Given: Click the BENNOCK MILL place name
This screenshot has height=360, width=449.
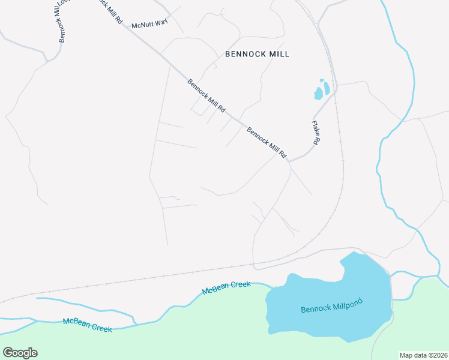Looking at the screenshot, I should (257, 54).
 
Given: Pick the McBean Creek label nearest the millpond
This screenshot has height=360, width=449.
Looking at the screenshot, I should (226, 287).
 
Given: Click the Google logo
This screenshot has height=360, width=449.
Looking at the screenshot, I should (20, 353).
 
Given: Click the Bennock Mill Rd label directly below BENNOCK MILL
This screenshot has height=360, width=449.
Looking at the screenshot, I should (206, 96).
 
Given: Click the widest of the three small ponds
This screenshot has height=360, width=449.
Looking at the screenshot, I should (318, 94).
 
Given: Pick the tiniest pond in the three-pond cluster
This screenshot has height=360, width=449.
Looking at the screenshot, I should (322, 80).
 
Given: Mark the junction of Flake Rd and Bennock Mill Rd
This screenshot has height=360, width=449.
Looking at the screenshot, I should (290, 161).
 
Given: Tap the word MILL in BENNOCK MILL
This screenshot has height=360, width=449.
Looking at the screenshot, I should (279, 54).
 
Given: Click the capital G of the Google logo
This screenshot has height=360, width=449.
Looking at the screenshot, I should (8, 352).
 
